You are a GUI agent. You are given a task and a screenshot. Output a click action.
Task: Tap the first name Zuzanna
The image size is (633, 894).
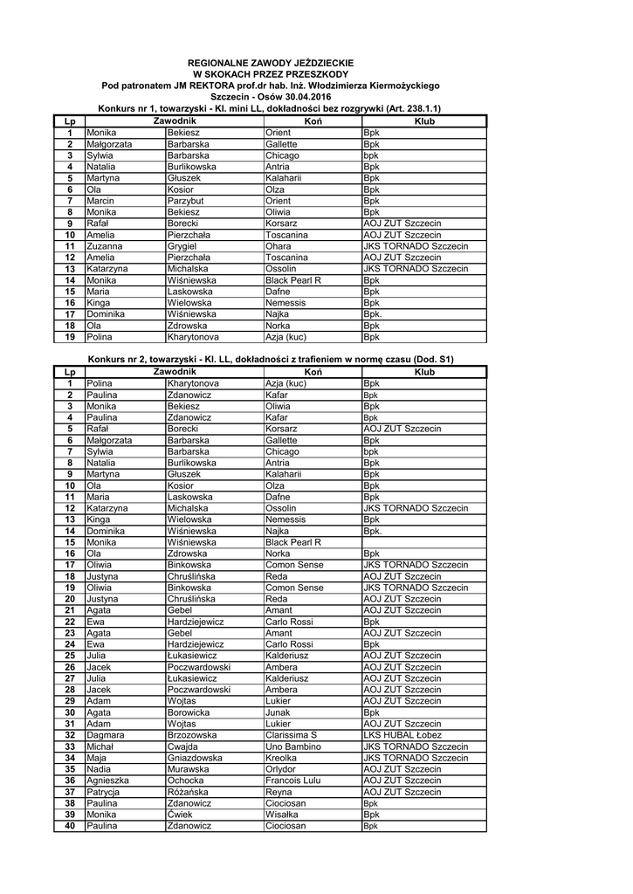[x=105, y=246]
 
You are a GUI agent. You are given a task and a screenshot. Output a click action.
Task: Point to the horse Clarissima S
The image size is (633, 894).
[x=291, y=735]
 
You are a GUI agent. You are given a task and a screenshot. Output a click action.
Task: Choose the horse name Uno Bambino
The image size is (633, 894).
[x=292, y=746]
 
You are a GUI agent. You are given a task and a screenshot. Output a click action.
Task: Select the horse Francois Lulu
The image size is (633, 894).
[x=293, y=781]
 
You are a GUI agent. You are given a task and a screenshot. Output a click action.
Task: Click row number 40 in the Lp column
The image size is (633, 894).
[x=70, y=826]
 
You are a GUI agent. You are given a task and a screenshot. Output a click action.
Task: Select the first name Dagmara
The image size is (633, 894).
[x=107, y=735]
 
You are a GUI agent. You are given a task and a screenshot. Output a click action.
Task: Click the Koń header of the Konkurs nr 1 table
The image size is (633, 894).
[x=313, y=120]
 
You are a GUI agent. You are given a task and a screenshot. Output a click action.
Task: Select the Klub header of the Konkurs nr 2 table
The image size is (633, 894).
[x=424, y=372]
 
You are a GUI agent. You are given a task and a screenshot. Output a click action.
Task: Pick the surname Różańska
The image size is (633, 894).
[x=189, y=792]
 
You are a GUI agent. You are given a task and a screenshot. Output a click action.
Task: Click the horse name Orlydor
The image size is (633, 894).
[x=282, y=769]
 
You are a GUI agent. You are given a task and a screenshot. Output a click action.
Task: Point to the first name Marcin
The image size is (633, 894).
[x=100, y=200]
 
